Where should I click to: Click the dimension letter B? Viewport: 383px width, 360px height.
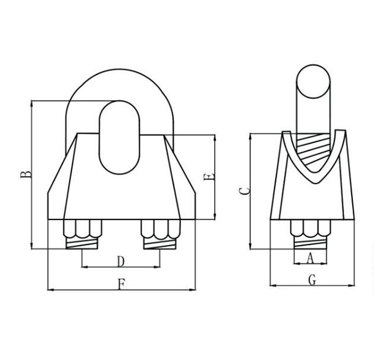click(25, 175)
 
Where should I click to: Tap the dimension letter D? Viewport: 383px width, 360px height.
click(120, 261)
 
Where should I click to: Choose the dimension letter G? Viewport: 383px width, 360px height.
click(312, 279)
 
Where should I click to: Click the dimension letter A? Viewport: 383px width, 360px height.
click(310, 257)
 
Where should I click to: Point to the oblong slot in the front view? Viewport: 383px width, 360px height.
click(120, 136)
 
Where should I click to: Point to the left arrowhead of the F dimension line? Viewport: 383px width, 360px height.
click(49, 289)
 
